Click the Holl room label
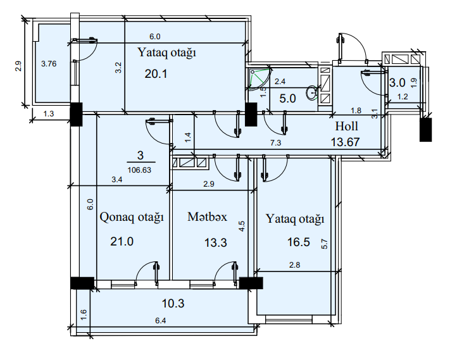[x=346, y=127]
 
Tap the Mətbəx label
[x=207, y=217]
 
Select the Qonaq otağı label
[x=132, y=218]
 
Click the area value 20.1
[x=156, y=74]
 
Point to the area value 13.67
[x=346, y=142]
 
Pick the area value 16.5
[x=299, y=242]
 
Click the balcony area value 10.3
[x=173, y=304]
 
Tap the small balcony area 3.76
[x=49, y=64]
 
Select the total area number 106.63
[x=140, y=170]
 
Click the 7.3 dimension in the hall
[x=276, y=143]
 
